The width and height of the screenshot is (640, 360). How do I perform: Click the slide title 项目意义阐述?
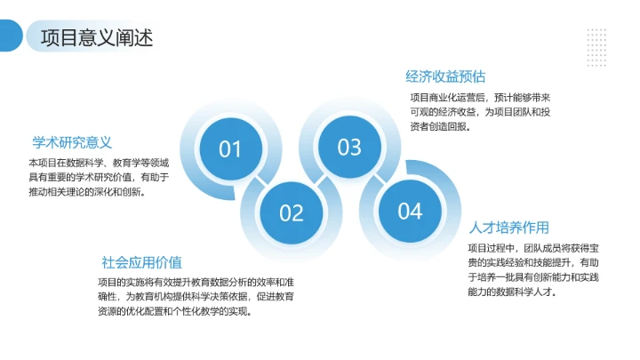[x=97, y=38]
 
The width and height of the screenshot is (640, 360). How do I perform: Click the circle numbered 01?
[x=230, y=148]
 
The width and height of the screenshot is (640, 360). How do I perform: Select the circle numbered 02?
[x=292, y=213]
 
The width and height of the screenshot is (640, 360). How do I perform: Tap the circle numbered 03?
[x=349, y=148]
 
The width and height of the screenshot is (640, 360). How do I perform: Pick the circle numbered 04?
[x=409, y=212]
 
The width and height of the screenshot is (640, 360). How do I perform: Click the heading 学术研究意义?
[x=72, y=142]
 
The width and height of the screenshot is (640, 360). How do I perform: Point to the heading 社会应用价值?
[x=141, y=262]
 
